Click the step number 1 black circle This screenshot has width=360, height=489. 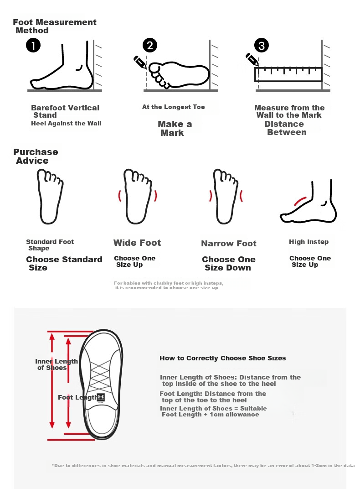pyautogui.click(x=33, y=46)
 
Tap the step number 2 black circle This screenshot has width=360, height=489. pyautogui.click(x=150, y=46)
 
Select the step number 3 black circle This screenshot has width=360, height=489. pyautogui.click(x=262, y=46)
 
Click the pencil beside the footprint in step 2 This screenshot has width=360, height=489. pyautogui.click(x=140, y=62)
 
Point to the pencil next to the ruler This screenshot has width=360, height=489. pyautogui.click(x=252, y=60)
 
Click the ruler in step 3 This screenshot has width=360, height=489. pyautogui.click(x=288, y=74)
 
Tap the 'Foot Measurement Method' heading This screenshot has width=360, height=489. pyautogui.click(x=55, y=26)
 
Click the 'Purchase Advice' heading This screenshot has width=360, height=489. pyautogui.click(x=36, y=156)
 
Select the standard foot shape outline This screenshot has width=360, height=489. pyautogui.click(x=50, y=197)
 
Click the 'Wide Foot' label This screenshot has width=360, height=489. pyautogui.click(x=137, y=243)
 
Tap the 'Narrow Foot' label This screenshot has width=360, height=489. pyautogui.click(x=229, y=243)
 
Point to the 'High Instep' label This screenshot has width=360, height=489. pyautogui.click(x=309, y=242)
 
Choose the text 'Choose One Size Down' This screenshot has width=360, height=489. pyautogui.click(x=229, y=264)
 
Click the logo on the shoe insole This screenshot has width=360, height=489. pyautogui.click(x=101, y=397)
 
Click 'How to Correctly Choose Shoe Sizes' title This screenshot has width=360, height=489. pyautogui.click(x=223, y=358)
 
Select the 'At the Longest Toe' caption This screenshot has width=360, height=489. pyautogui.click(x=174, y=107)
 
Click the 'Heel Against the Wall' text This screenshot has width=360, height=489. pyautogui.click(x=66, y=123)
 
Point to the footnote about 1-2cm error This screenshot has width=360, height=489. pyautogui.click(x=203, y=466)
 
